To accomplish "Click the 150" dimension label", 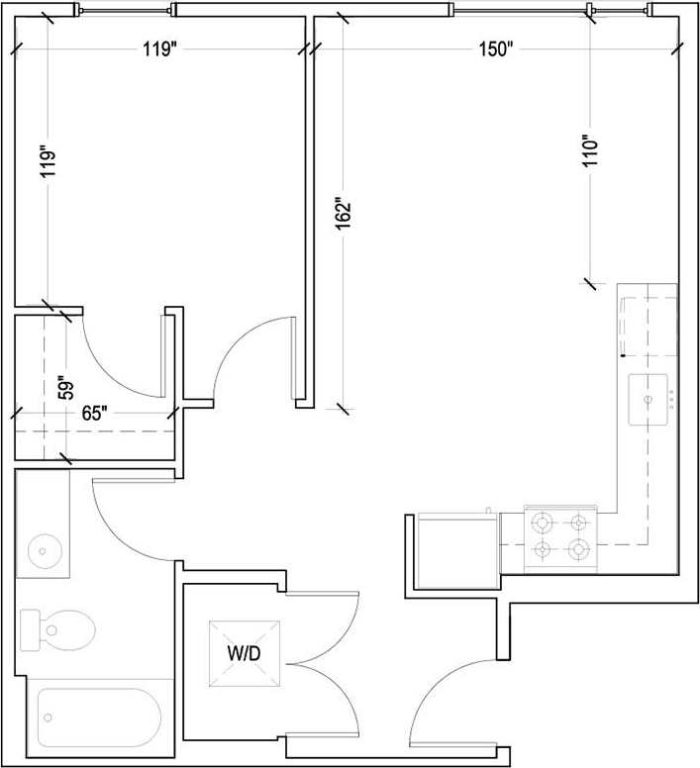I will coord(495,49).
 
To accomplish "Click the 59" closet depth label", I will coord(65,384).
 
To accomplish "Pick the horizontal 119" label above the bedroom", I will coord(158,49).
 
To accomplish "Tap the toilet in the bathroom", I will coord(61,625).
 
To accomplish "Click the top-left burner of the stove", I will coord(543,522).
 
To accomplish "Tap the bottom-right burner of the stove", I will coord(580,548).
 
